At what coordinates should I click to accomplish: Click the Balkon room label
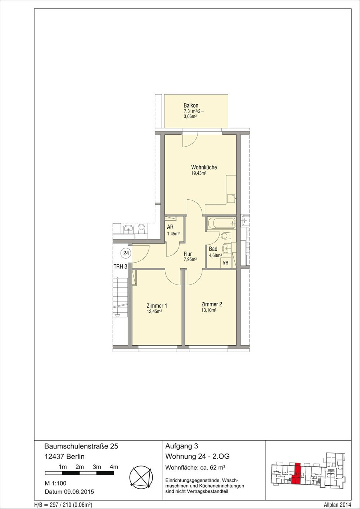click(x=191, y=106)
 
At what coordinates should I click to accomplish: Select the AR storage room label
click(x=170, y=227)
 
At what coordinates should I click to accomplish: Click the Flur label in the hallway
click(x=188, y=254)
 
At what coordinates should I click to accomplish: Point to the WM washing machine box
click(x=226, y=263)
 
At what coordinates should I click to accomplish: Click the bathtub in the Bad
click(x=221, y=223)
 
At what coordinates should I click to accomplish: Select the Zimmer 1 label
click(x=157, y=306)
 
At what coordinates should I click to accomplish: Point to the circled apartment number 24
click(x=126, y=253)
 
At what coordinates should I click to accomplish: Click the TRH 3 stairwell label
click(x=120, y=266)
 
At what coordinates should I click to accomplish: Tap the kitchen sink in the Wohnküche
click(x=231, y=198)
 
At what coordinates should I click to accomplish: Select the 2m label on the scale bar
click(x=79, y=467)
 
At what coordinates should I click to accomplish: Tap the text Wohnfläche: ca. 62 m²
click(x=195, y=468)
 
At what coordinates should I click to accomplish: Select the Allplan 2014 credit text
click(x=337, y=505)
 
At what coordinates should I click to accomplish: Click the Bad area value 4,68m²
click(x=215, y=255)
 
